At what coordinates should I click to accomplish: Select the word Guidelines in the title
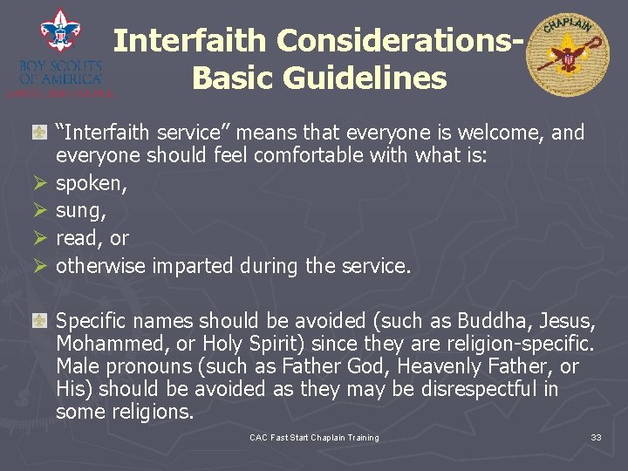coord(319,78)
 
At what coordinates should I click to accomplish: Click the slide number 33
coord(596,437)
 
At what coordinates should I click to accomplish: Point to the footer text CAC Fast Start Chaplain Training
coord(314,437)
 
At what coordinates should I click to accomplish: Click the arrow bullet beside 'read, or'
coord(38,239)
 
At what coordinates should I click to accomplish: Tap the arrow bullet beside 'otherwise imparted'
coord(38,266)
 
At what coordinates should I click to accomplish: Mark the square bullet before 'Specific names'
coord(39,320)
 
